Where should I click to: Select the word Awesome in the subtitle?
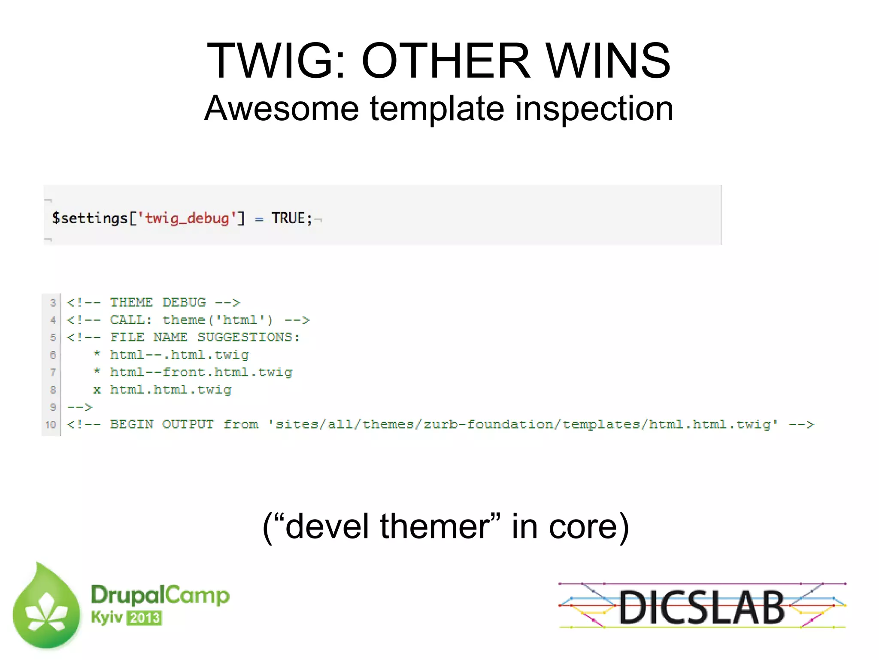(281, 108)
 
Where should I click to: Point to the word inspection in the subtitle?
(594, 109)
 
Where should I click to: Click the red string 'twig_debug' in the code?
(187, 218)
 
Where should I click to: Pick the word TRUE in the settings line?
(288, 218)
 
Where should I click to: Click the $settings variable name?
(90, 218)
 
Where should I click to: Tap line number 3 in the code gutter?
(53, 303)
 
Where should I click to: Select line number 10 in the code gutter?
(51, 425)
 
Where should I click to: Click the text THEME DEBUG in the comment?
(158, 302)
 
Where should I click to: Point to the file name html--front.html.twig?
(201, 372)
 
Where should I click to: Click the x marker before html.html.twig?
(97, 390)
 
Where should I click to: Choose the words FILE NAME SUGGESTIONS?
(205, 337)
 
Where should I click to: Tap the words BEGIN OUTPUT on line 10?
(161, 425)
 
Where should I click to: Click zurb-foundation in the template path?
(488, 425)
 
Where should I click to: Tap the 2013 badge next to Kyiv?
(145, 618)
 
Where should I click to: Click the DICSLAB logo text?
(701, 607)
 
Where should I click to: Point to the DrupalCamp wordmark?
(160, 596)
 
